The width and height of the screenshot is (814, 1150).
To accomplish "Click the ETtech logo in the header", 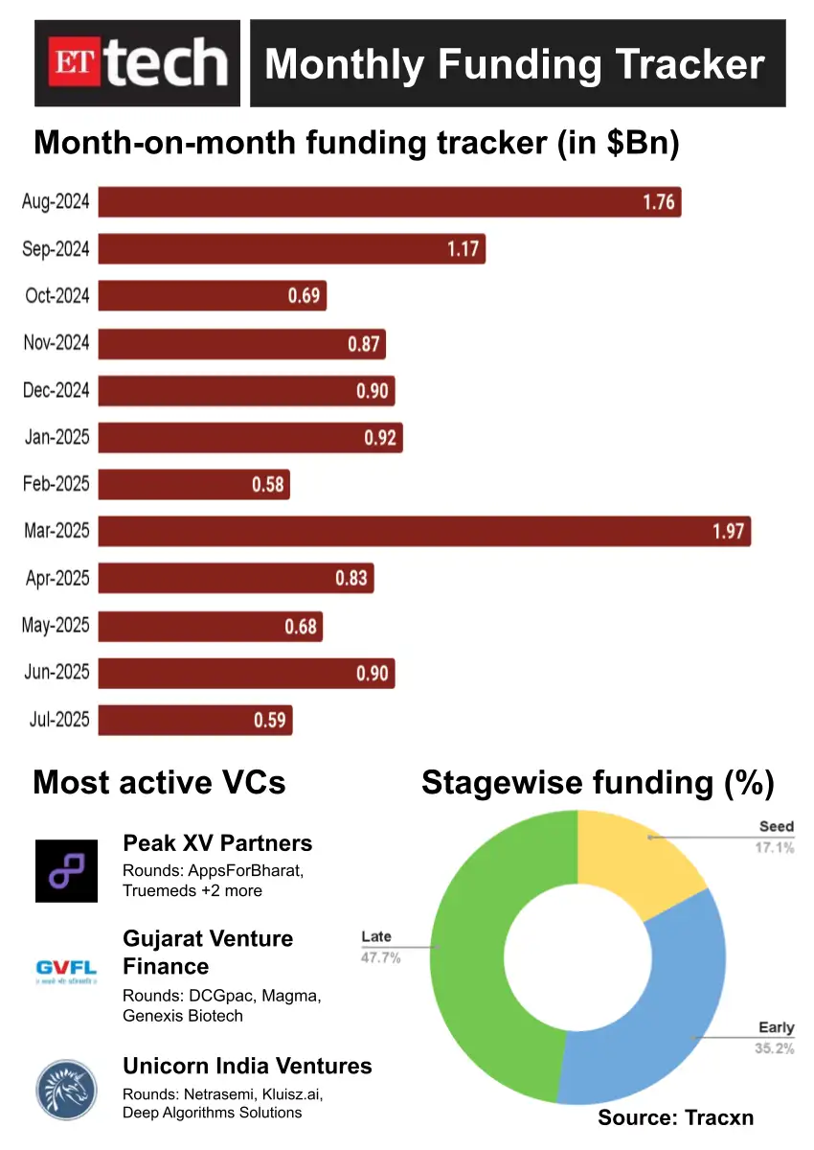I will coord(137,63).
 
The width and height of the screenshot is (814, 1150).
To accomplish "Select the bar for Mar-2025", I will coord(424,531).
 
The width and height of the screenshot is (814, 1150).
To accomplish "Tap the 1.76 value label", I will coord(659,202).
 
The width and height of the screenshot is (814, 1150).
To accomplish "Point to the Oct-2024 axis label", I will coord(57,295).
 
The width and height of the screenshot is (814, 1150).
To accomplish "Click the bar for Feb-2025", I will coord(193,484).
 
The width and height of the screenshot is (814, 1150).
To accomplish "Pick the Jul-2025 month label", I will coord(56,719).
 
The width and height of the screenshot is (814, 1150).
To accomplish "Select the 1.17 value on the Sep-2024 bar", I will coord(464,249).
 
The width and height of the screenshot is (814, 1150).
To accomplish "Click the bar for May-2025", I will coord(211,626).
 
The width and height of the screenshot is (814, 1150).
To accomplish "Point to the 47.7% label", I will coord(380,956).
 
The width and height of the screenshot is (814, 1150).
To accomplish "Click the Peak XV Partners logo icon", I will coord(67,870).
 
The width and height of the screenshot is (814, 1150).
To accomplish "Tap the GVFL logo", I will coord(67,972).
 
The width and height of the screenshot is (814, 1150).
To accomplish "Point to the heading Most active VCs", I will coord(159,782).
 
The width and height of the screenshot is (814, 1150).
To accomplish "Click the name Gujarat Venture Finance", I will coord(208,952).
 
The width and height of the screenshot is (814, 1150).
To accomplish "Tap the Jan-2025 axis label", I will coord(57,437).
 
